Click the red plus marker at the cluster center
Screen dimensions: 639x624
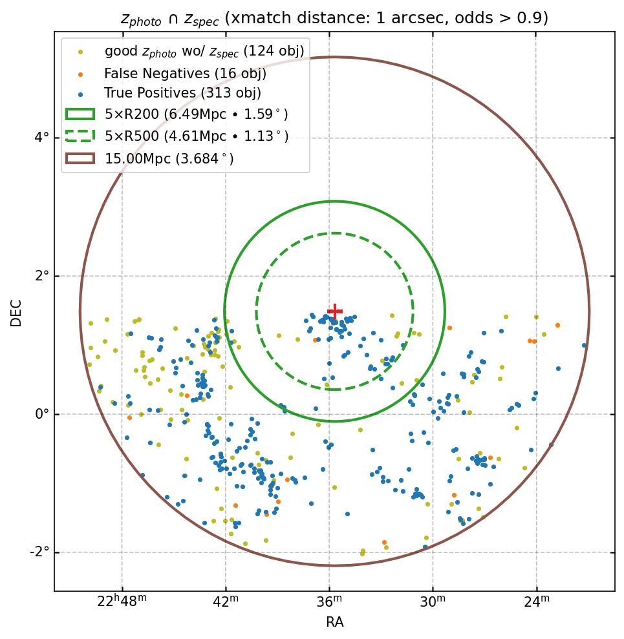(x=334, y=311)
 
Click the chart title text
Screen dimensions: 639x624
(x=334, y=18)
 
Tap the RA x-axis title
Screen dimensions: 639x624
(x=334, y=622)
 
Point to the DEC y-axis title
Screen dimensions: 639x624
(x=16, y=312)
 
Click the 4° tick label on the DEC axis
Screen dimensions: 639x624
(x=41, y=138)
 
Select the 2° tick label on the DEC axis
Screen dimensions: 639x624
(x=41, y=276)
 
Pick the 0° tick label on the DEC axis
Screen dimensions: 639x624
(x=41, y=414)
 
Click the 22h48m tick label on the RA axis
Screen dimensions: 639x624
(x=122, y=602)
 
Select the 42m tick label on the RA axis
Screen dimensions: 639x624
(x=225, y=602)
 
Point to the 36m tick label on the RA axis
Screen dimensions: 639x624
(x=329, y=602)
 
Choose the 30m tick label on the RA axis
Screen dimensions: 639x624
(x=433, y=602)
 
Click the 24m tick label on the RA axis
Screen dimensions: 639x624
(x=537, y=602)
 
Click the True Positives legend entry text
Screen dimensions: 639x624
(x=182, y=94)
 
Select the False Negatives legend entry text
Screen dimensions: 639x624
(x=185, y=74)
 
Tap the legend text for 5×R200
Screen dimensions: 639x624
(x=196, y=115)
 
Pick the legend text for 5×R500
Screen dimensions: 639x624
(x=196, y=136)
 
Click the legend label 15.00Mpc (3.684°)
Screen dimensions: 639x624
(x=169, y=158)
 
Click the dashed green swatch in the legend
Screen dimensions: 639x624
(x=80, y=136)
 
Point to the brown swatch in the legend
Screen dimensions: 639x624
(x=80, y=158)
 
